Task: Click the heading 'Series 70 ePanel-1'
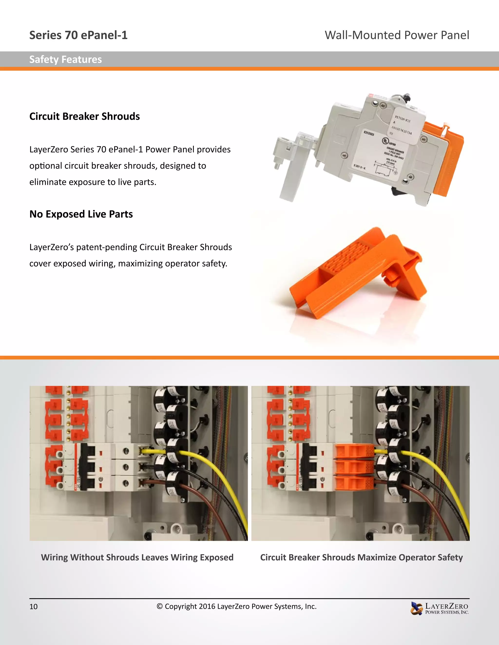tap(78, 35)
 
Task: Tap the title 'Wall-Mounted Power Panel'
tap(397, 35)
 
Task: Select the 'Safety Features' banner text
tap(65, 59)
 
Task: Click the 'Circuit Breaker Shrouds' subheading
tap(85, 116)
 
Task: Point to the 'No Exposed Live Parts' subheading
tap(81, 214)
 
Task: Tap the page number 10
tap(33, 606)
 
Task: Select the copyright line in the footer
tap(237, 606)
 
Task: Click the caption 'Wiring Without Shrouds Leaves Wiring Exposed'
tap(137, 557)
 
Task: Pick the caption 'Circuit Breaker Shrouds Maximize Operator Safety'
tap(361, 557)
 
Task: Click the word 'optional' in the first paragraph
tap(46, 166)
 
